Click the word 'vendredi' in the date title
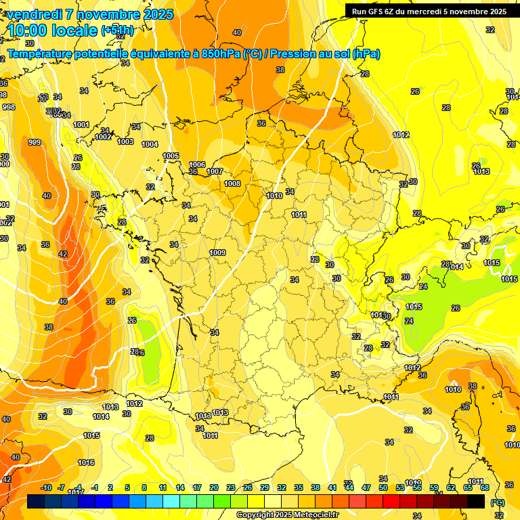click(x=35, y=14)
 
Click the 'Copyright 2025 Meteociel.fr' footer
click(x=287, y=515)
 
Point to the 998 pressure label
click(x=8, y=107)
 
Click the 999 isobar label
click(x=35, y=142)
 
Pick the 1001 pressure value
click(x=81, y=125)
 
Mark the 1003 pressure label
click(x=125, y=142)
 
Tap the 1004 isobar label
click(x=150, y=144)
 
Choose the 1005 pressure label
click(x=171, y=156)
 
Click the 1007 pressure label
click(x=215, y=171)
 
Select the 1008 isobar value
click(x=232, y=183)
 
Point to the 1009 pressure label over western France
click(x=217, y=253)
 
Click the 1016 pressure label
click(x=86, y=462)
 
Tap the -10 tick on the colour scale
click(x=46, y=487)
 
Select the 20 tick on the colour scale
click(x=214, y=487)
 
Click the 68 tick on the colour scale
click(x=485, y=487)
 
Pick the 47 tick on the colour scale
click(x=366, y=487)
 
